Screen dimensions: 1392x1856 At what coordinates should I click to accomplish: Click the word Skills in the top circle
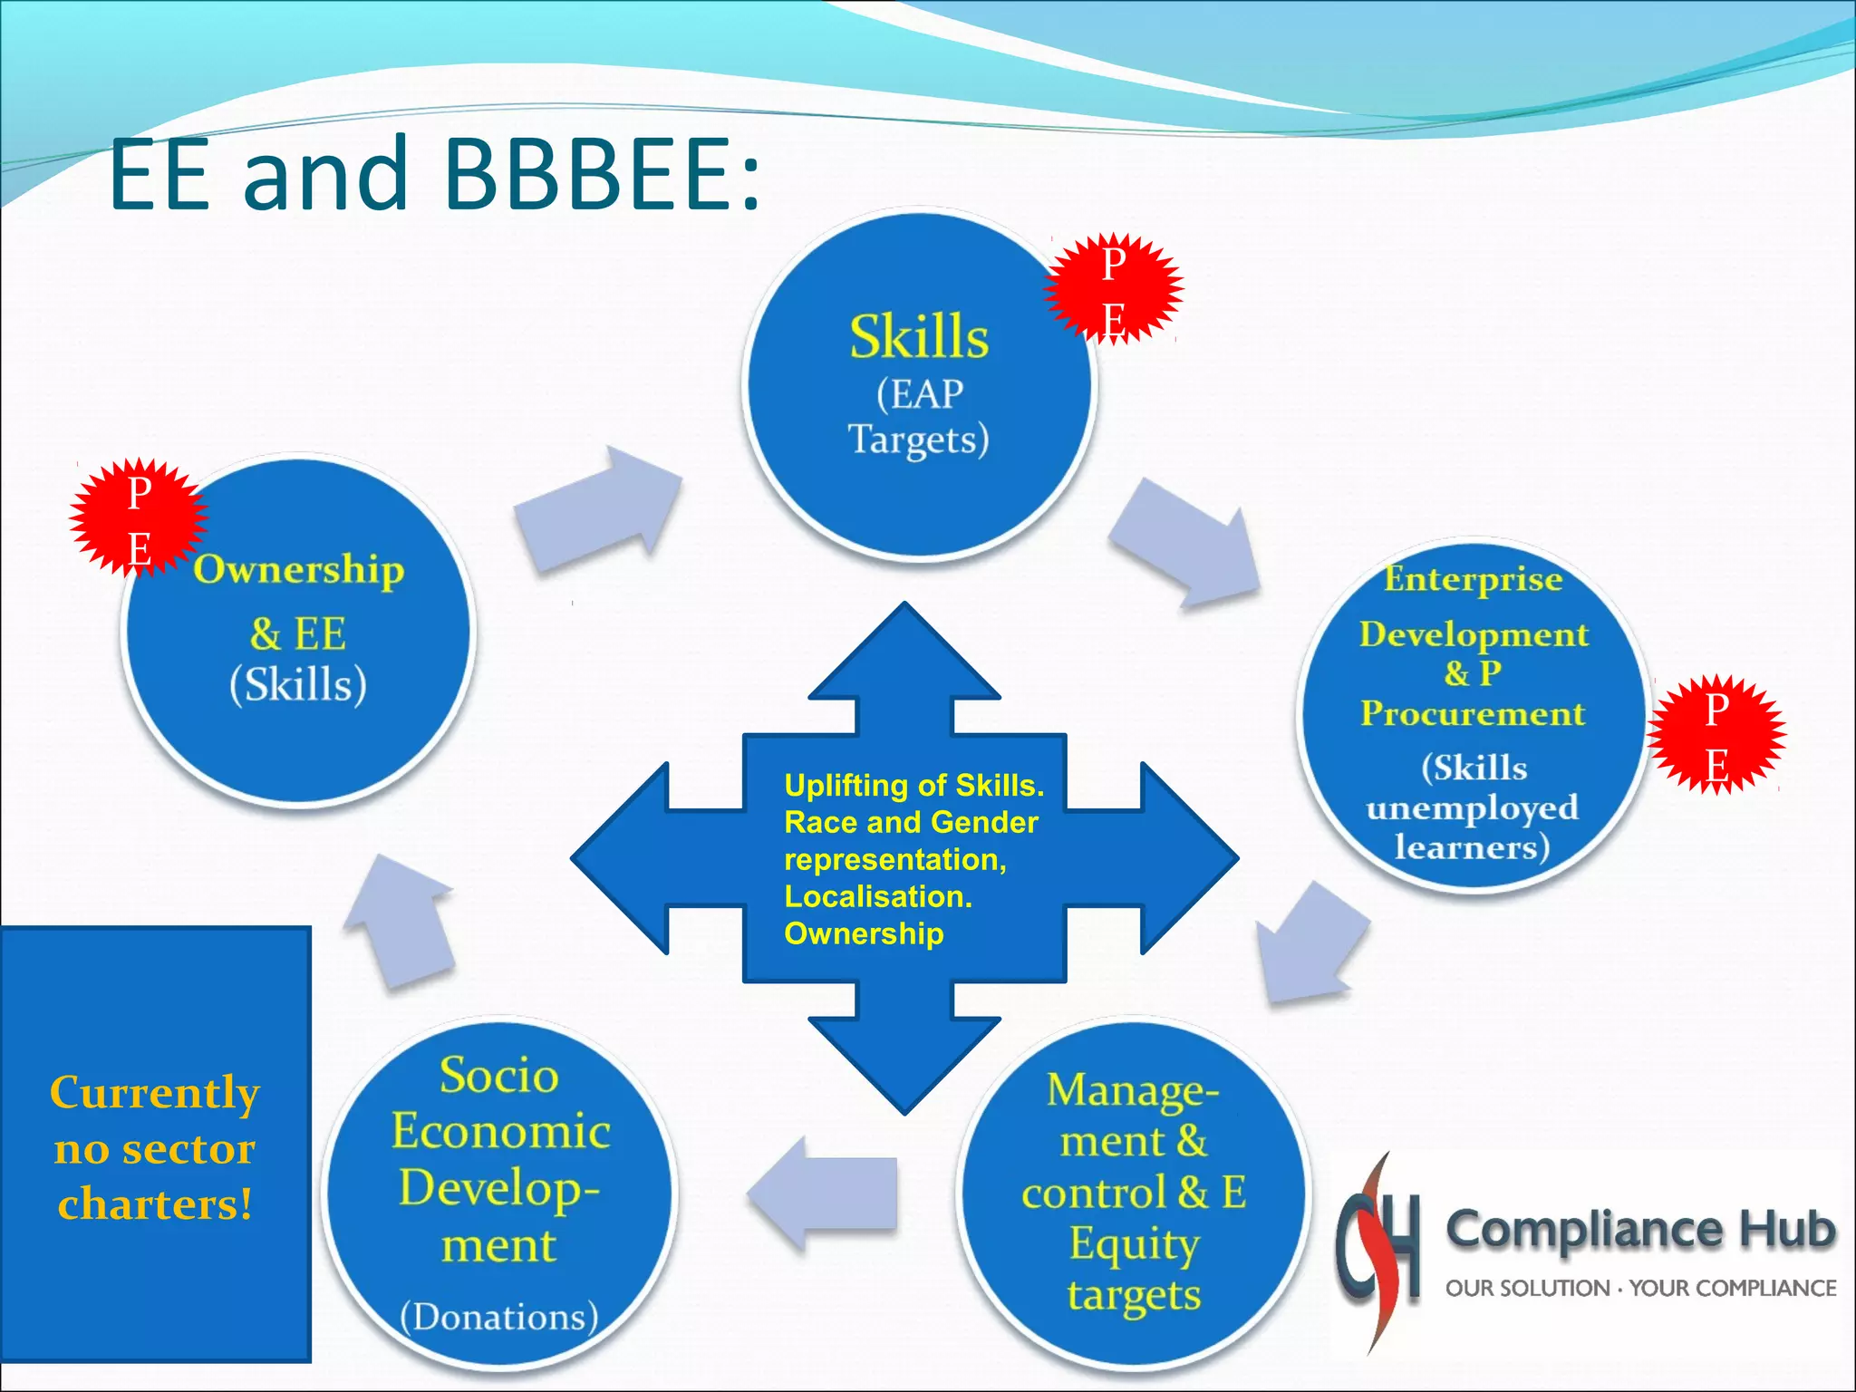click(x=918, y=337)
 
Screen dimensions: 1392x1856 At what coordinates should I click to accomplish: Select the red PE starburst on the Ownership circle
click(x=138, y=518)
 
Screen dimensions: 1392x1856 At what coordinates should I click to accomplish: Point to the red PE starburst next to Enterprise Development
click(x=1716, y=735)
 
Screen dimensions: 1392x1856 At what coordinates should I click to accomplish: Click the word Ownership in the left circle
click(x=298, y=570)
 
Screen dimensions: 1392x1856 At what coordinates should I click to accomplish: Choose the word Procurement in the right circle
click(x=1472, y=714)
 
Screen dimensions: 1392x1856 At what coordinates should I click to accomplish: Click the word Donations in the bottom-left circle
click(x=499, y=1316)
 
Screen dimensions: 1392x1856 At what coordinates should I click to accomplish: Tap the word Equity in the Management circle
click(x=1134, y=1243)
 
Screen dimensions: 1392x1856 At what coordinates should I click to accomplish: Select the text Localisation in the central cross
click(x=877, y=896)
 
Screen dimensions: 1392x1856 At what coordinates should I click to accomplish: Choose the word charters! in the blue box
click(x=155, y=1204)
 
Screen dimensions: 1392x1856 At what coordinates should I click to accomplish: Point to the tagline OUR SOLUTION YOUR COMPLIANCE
click(x=1640, y=1288)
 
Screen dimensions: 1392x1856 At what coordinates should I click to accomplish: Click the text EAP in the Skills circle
click(x=919, y=394)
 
